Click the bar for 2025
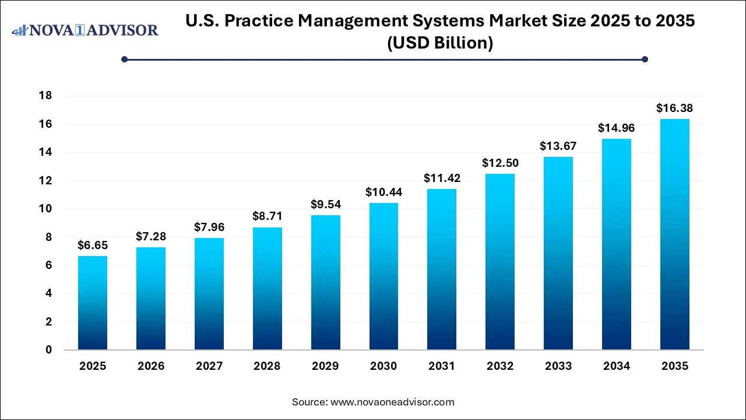point(93,303)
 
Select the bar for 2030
point(383,276)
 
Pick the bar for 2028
point(267,289)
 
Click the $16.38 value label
point(674,108)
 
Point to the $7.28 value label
point(151,236)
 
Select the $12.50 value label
point(500,163)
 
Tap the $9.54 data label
point(325,204)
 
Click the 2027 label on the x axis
point(209,366)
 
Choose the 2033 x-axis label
point(558,366)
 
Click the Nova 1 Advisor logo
point(85,30)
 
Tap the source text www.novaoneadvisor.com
point(392,402)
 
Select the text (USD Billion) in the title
point(440,43)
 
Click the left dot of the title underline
point(124,59)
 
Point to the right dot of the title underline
point(645,59)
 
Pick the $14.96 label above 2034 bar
point(617,128)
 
